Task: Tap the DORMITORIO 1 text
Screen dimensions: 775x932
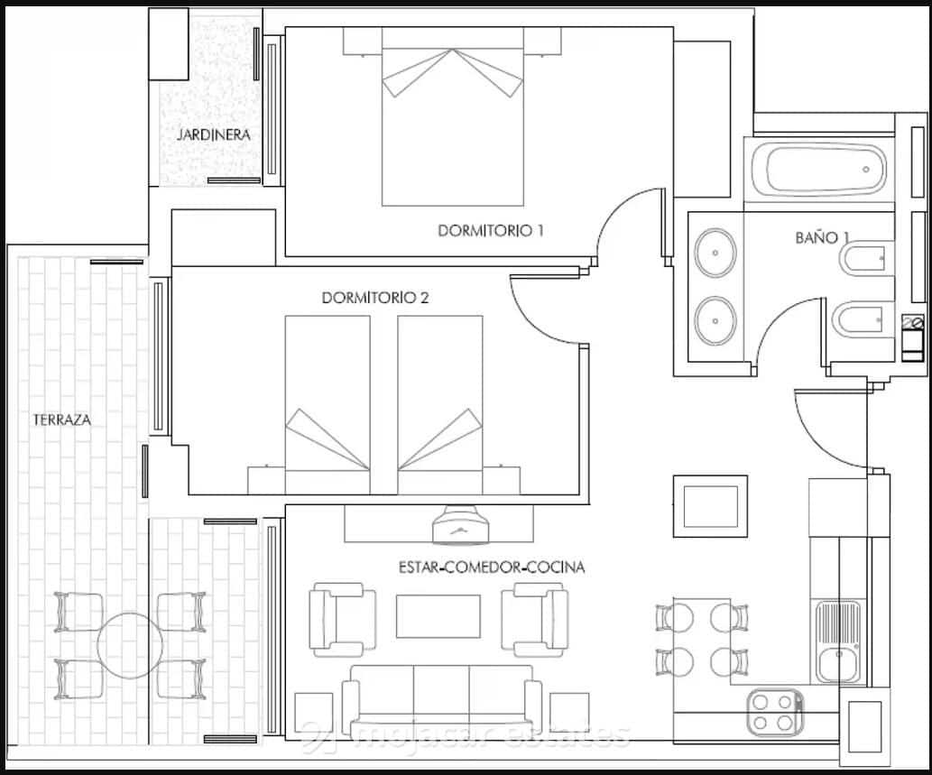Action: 491,230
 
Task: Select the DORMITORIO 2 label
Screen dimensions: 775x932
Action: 374,298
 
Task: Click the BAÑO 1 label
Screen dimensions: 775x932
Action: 822,237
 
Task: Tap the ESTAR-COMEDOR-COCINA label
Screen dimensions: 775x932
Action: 491,567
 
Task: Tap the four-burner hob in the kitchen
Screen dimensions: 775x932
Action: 775,711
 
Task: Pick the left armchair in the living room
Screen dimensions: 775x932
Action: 343,618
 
